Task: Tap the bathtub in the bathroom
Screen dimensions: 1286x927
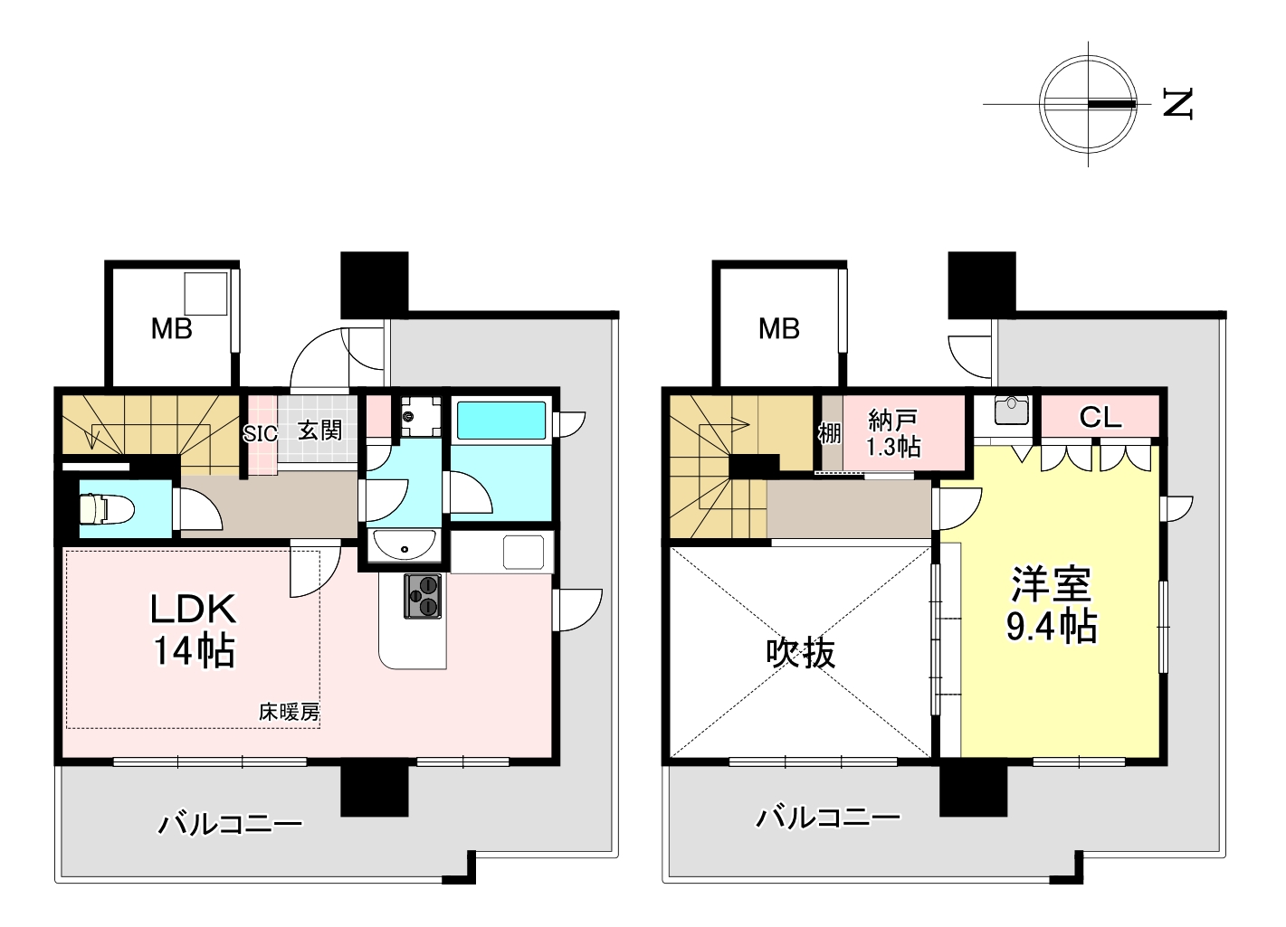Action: [x=501, y=421]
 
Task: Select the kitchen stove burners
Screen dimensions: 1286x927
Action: [x=423, y=597]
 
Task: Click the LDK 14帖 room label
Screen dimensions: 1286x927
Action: [x=193, y=630]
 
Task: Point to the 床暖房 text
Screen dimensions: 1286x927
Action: [x=290, y=713]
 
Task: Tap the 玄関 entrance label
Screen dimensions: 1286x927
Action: [x=319, y=430]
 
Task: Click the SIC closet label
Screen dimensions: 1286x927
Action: [x=260, y=434]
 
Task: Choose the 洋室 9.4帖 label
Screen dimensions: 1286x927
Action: [x=1052, y=605]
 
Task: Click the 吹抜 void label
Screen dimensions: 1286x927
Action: [x=801, y=653]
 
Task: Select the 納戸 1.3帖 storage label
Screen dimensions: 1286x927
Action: [x=893, y=433]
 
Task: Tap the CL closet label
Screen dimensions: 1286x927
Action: [x=1100, y=418]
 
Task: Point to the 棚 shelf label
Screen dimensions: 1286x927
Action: [x=830, y=434]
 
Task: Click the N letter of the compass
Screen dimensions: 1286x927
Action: [x=1178, y=104]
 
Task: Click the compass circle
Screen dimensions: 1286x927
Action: [x=1089, y=56]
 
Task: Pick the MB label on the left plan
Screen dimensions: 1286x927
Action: [x=171, y=329]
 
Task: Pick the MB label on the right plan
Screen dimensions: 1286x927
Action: [x=779, y=329]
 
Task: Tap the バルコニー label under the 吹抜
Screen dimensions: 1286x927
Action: [x=828, y=819]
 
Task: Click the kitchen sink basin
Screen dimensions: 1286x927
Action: [x=524, y=552]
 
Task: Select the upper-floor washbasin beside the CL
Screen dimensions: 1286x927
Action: [x=1011, y=411]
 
